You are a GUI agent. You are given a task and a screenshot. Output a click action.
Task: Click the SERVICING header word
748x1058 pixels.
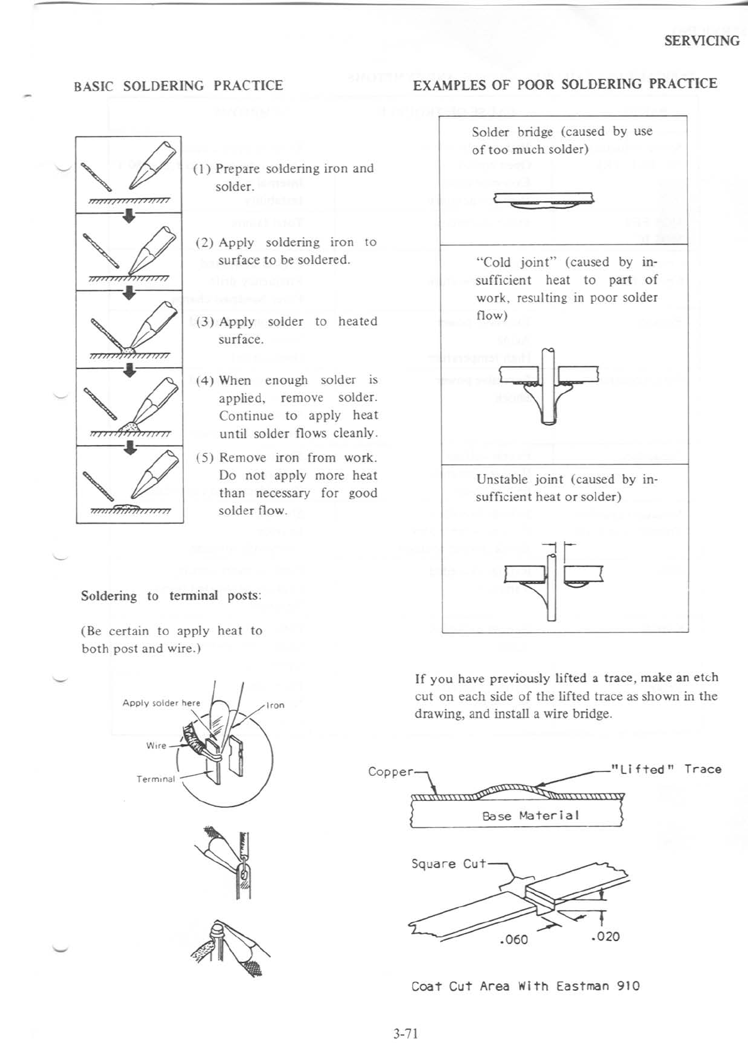click(x=701, y=41)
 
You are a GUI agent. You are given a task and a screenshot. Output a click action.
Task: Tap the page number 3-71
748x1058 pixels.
click(x=405, y=1033)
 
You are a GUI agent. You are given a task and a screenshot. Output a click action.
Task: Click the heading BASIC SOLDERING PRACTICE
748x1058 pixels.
click(x=179, y=85)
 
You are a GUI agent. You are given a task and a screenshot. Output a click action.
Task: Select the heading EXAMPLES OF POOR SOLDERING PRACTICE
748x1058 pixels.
click(x=564, y=84)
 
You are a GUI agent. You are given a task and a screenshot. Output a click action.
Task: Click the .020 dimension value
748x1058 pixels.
click(x=605, y=936)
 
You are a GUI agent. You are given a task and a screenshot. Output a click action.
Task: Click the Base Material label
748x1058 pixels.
click(x=530, y=815)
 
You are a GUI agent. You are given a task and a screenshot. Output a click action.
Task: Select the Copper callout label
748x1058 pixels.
click(x=390, y=771)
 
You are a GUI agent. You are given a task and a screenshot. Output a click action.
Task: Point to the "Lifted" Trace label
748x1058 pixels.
click(x=666, y=769)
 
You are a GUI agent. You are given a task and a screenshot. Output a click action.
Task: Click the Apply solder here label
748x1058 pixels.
click(x=161, y=703)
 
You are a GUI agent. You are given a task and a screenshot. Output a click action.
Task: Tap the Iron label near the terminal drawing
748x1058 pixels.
click(x=275, y=705)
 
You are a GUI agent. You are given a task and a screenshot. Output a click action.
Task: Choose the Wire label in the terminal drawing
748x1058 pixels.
click(x=156, y=746)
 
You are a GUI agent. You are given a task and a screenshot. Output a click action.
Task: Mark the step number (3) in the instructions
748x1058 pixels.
click(x=205, y=322)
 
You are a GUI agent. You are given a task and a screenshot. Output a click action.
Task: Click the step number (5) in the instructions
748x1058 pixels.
click(x=205, y=458)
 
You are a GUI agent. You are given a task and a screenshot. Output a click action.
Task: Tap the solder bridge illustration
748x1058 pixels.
click(x=544, y=200)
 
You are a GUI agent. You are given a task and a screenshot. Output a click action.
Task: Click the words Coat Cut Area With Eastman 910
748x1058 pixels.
click(x=525, y=986)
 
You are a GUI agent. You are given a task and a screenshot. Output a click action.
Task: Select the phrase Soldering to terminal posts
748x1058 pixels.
click(x=171, y=596)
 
